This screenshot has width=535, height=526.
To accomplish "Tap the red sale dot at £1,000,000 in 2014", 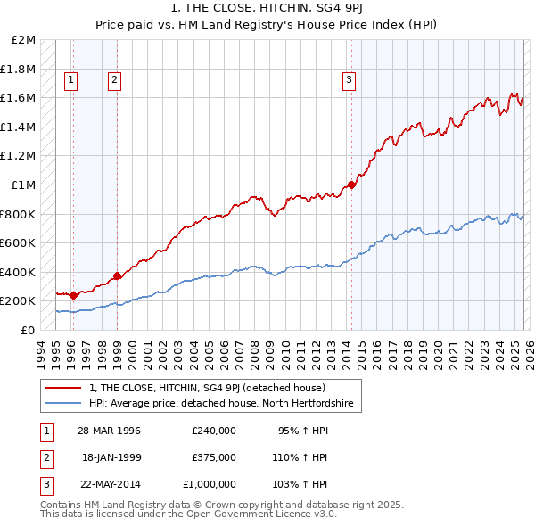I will pyautogui.click(x=351, y=185).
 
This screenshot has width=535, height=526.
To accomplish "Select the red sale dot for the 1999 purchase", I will pyautogui.click(x=117, y=275).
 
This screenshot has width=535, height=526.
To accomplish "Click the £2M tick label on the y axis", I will pyautogui.click(x=24, y=40).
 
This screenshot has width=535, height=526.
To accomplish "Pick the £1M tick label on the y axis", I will pyautogui.click(x=24, y=185).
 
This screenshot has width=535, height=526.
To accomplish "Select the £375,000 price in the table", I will pyautogui.click(x=214, y=457).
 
